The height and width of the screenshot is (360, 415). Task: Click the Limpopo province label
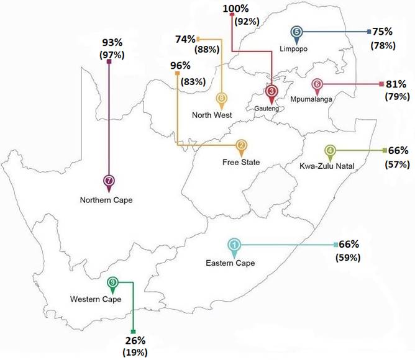point(294,48)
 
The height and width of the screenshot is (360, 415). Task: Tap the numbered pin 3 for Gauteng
point(271,92)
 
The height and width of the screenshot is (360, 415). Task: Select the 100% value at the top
point(236,8)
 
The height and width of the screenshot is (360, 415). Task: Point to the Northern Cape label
point(106,200)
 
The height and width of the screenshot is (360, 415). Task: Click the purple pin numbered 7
point(109,181)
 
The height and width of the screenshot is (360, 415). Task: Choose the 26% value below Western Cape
point(135,340)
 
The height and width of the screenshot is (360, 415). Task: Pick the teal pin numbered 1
point(234,246)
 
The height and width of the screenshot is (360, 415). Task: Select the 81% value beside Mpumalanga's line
point(398,84)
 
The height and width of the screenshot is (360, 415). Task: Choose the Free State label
point(240,163)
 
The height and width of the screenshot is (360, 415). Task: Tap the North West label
point(212,115)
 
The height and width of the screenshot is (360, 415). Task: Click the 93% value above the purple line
point(112,43)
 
